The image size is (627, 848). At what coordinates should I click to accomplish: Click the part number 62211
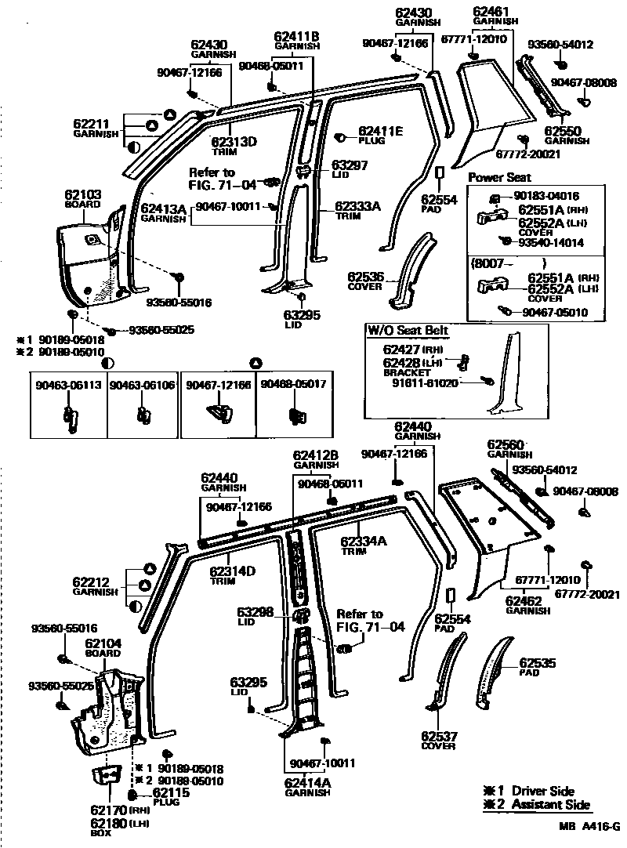91,124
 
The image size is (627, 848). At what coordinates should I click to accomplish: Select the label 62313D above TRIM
234,142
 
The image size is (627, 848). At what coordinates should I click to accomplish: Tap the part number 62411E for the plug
381,131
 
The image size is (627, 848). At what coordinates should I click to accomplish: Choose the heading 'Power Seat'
499,178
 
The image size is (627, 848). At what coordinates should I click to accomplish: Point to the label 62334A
364,541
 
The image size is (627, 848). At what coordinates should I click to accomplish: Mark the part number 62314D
233,571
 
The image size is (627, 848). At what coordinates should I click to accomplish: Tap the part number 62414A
306,782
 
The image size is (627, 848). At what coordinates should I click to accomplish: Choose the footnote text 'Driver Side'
542,792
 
